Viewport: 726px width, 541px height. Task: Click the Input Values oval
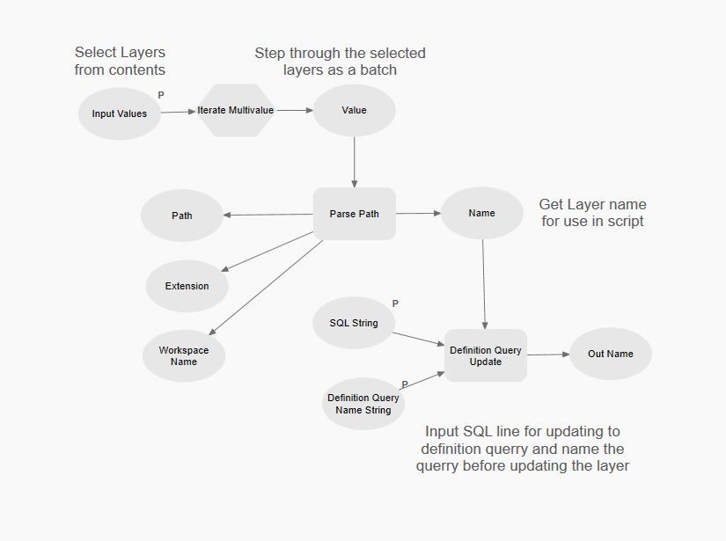click(x=120, y=113)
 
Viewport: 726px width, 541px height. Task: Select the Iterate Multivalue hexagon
click(x=235, y=111)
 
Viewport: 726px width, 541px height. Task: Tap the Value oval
click(x=354, y=111)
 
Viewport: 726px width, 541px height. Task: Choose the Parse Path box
click(x=355, y=214)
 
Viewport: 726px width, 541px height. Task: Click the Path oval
click(x=182, y=216)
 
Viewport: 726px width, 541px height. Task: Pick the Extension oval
click(x=187, y=286)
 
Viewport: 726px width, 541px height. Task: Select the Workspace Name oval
click(x=184, y=356)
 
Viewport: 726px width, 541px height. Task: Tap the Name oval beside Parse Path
click(x=481, y=213)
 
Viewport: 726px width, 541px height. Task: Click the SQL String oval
click(x=354, y=323)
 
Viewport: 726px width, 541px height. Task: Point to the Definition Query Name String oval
click(x=363, y=404)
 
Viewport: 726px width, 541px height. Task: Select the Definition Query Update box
click(x=486, y=355)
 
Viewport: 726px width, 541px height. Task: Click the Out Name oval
click(x=611, y=354)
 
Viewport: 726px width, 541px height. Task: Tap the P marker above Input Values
click(x=161, y=94)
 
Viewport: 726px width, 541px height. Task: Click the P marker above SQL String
click(x=395, y=303)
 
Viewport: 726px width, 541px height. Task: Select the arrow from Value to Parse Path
click(x=355, y=162)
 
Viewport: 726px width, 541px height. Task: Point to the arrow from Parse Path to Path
click(x=268, y=215)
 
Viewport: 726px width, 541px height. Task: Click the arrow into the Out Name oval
click(x=548, y=355)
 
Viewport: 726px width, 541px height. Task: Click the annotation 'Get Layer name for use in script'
click(x=592, y=213)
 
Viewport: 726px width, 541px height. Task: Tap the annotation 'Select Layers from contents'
click(x=120, y=61)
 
